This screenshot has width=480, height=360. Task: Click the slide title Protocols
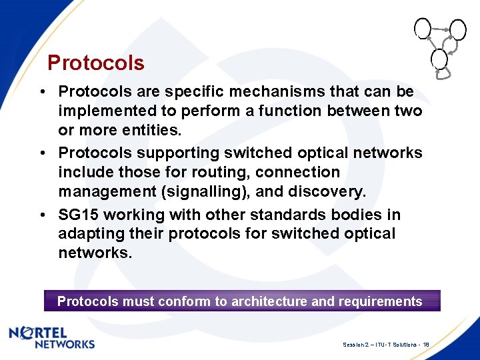(96, 63)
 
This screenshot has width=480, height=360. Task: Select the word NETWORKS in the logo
(64, 344)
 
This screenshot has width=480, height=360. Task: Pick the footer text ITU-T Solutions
(393, 345)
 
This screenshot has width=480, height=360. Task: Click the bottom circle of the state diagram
(439, 59)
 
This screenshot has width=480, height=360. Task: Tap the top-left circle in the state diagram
(422, 27)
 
